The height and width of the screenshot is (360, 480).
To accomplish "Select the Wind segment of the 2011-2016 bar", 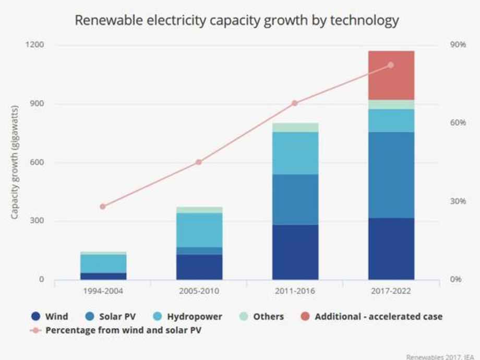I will click(x=295, y=252).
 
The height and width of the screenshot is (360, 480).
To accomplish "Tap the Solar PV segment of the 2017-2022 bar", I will click(x=391, y=175).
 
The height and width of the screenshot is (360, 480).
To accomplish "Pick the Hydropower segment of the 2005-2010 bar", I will click(x=199, y=230).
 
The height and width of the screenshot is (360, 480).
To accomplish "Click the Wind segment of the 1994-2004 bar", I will click(x=103, y=276).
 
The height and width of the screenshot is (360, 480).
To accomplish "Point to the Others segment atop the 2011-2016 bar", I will click(x=295, y=127).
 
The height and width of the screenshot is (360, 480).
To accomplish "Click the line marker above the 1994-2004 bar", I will click(x=103, y=207).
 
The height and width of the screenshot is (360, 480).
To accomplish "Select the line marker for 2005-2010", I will click(x=199, y=162).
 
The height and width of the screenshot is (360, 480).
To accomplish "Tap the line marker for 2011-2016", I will click(x=295, y=103).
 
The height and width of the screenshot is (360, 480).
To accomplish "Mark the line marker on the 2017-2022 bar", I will click(x=391, y=65).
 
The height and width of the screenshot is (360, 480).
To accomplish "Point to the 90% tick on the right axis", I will click(x=458, y=45).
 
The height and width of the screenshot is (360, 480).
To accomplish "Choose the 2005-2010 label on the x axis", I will click(x=199, y=291).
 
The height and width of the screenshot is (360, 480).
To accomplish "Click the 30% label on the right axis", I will click(x=458, y=201).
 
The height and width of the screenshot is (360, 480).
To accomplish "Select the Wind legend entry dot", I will click(x=35, y=316).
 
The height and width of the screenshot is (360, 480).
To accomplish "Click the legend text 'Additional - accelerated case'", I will click(x=378, y=316).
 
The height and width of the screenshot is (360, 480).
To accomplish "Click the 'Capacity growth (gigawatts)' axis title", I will click(x=15, y=162).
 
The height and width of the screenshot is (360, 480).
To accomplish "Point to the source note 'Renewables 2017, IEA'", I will click(x=441, y=357).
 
